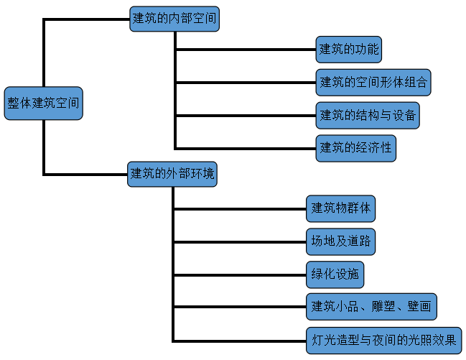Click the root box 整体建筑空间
point(43,103)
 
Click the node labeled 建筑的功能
point(348,50)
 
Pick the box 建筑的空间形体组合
point(373,83)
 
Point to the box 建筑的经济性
point(355,148)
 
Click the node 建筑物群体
point(341,209)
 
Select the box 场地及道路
point(340,241)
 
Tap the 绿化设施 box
point(335,274)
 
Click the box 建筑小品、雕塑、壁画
point(371,307)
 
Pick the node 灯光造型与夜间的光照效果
point(383,339)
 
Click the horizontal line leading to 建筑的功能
point(245,50)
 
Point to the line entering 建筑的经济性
point(245,148)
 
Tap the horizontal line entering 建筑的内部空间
point(86,19)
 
